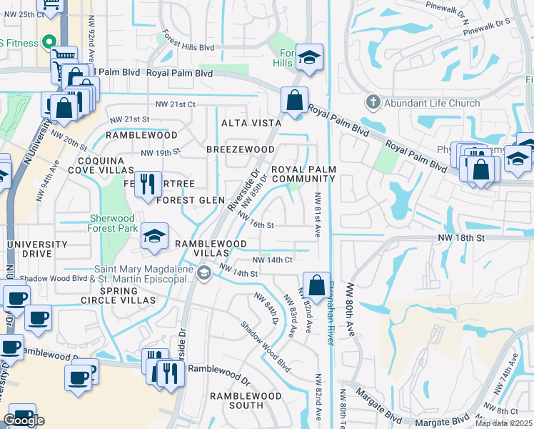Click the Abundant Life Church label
432,103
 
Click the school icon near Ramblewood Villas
154,237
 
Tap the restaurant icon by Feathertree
148,184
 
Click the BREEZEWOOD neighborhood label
240,149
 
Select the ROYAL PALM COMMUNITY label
303,174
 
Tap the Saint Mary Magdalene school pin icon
204,274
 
